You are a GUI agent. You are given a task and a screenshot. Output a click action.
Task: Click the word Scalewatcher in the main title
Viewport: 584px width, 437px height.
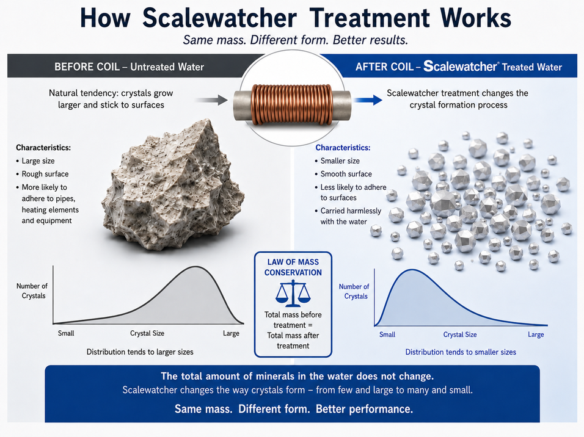click(219, 18)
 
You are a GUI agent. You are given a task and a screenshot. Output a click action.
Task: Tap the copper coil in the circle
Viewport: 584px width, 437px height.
click(291, 104)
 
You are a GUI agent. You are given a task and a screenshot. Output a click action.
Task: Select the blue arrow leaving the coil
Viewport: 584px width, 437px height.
click(368, 99)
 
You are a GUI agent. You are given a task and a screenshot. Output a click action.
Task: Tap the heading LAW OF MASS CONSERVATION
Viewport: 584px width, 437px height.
click(293, 267)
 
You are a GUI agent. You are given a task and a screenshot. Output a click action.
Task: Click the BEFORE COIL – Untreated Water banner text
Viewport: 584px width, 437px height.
click(129, 67)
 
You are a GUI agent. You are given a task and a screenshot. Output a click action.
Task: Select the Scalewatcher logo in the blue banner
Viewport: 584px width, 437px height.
click(461, 67)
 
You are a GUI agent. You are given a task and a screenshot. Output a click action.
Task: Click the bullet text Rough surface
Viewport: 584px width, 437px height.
click(45, 174)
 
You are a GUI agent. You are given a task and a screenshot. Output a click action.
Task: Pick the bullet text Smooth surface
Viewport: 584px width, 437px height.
click(346, 174)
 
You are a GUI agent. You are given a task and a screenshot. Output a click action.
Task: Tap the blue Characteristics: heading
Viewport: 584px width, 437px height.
click(343, 148)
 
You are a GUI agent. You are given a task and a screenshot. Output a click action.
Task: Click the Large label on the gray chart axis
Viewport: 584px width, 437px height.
click(231, 333)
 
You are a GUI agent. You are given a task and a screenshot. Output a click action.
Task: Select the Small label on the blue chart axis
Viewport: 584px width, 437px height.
click(387, 334)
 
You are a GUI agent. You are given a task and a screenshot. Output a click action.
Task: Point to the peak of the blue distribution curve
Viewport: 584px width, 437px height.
click(412, 270)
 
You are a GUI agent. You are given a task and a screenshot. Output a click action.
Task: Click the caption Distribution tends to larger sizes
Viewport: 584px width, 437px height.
click(140, 352)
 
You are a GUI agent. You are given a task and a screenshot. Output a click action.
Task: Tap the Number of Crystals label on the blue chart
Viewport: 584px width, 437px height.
click(354, 292)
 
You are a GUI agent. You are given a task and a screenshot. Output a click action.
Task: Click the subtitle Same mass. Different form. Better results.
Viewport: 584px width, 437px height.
click(295, 40)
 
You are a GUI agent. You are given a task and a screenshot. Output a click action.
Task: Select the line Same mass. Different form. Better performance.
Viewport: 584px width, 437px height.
click(293, 409)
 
